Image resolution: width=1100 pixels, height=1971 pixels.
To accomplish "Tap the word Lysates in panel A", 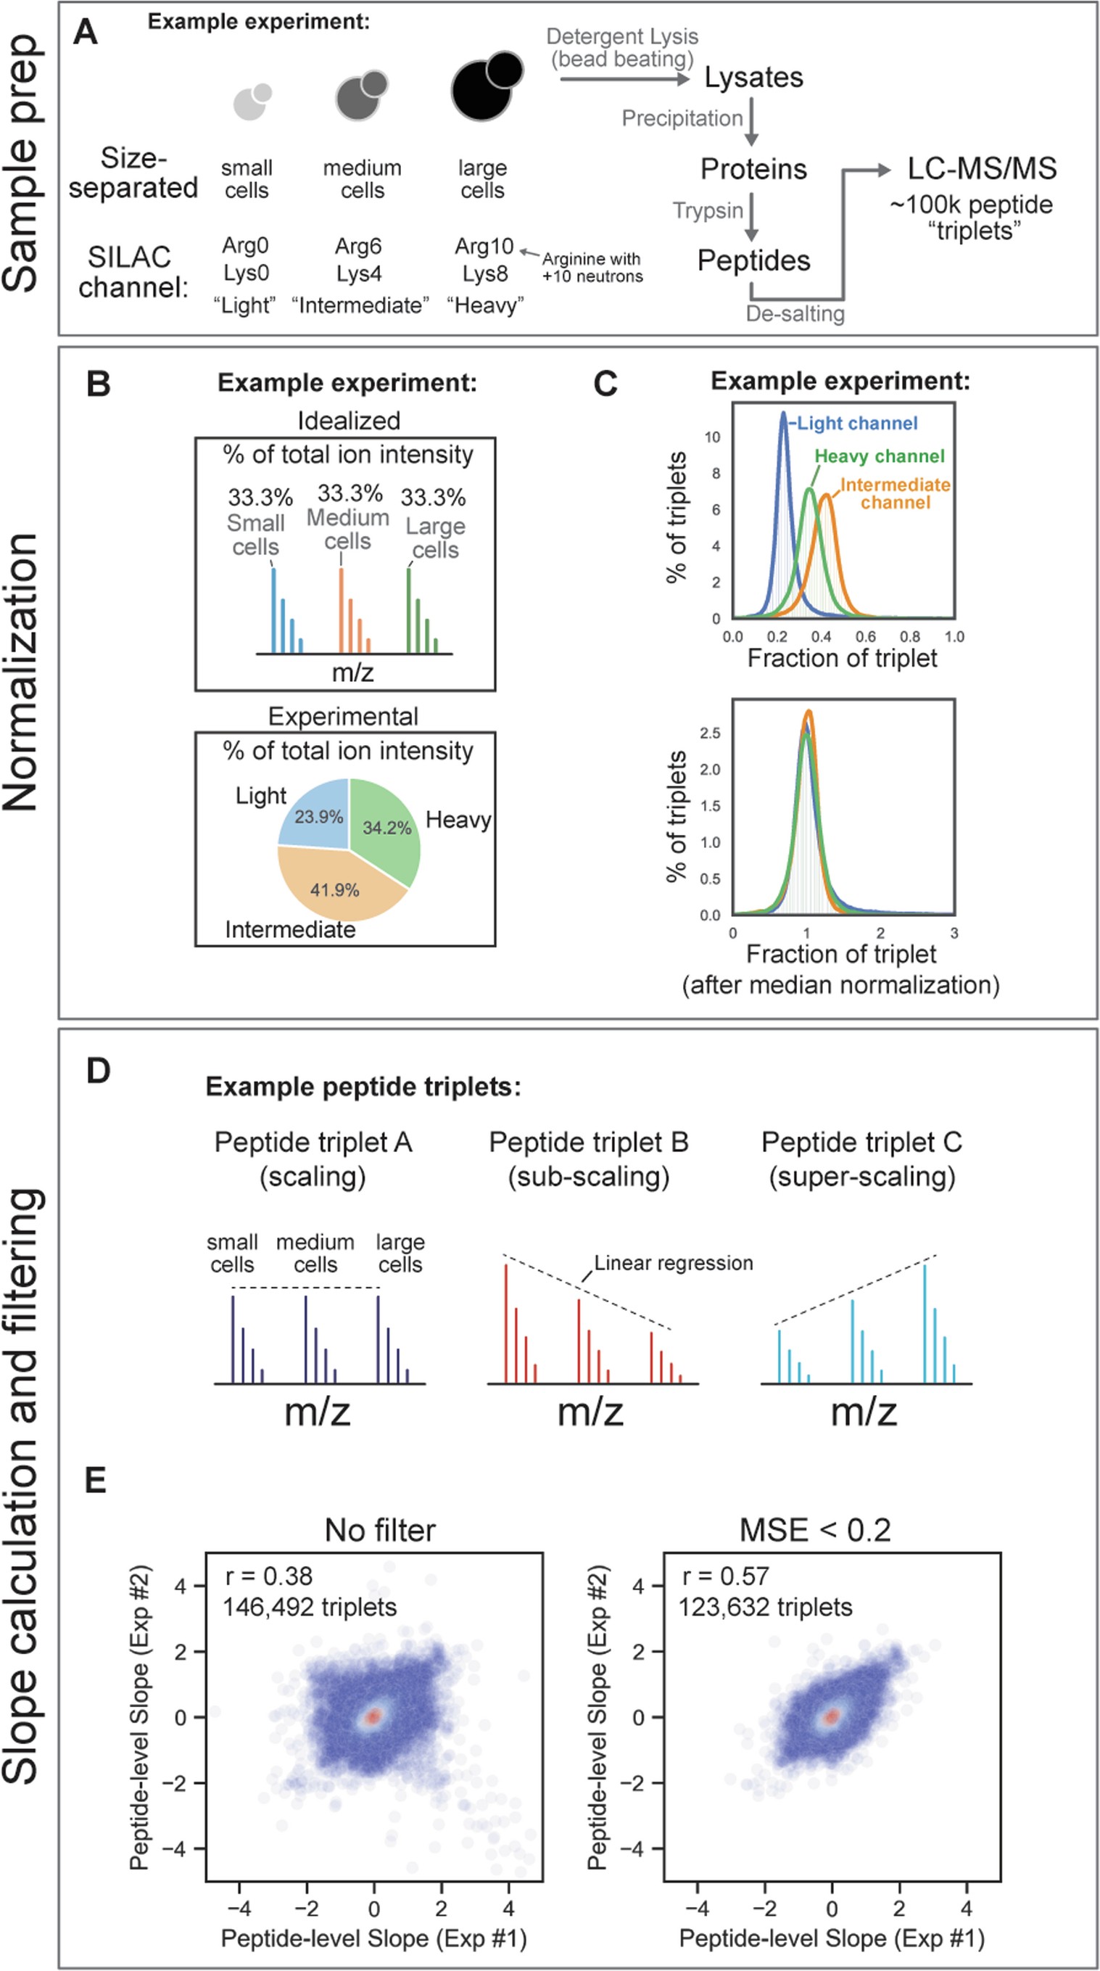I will pos(753,78).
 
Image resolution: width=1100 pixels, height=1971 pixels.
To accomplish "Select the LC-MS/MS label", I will pos(981,168).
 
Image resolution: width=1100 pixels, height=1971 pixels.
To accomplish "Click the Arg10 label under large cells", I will pos(484,247).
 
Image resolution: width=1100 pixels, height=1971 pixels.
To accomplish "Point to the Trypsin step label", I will pos(708,210).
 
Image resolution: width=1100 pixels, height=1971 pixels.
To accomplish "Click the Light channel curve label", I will pos(857,423).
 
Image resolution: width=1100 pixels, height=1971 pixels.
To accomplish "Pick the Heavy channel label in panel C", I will pos(879,456).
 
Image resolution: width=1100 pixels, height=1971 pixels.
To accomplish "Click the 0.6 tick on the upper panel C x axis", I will pos(865,637).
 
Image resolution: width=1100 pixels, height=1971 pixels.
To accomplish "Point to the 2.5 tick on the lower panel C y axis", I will pos(710,733).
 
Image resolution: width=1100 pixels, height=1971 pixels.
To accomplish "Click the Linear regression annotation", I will pos(673,1263).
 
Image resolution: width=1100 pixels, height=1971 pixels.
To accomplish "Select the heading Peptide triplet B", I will pos(588,1143).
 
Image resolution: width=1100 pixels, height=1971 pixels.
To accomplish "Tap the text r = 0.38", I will pos(268,1576).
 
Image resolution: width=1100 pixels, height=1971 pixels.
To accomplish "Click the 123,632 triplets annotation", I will pos(765,1607).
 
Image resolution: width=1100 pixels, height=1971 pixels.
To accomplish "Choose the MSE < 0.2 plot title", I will pos(815,1530).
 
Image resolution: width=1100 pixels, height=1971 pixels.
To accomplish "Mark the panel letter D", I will pos(99,1071).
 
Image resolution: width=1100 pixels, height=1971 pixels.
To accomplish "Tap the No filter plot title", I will pos(379,1530).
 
